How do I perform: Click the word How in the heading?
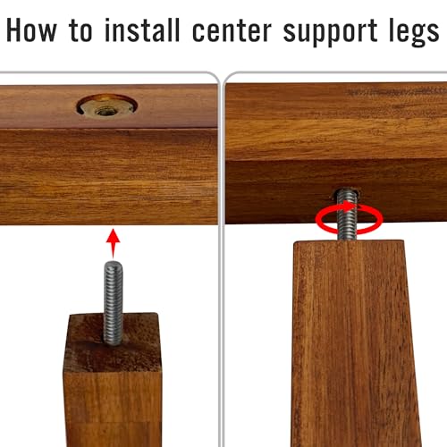click(31, 30)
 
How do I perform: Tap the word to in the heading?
click(80, 30)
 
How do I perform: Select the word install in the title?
click(142, 30)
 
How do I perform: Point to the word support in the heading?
click(331, 33)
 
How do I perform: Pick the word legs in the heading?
click(414, 32)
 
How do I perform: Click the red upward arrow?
click(113, 243)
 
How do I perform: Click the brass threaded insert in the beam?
click(107, 106)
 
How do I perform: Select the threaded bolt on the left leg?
click(113, 303)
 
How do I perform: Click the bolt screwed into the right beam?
click(347, 215)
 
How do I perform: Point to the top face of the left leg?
click(113, 342)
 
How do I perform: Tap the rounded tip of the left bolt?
click(113, 264)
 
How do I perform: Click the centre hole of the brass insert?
click(104, 112)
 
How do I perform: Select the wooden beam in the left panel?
click(109, 155)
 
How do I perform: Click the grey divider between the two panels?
click(221, 259)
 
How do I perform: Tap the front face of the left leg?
click(113, 409)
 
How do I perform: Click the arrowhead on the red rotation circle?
click(350, 207)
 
